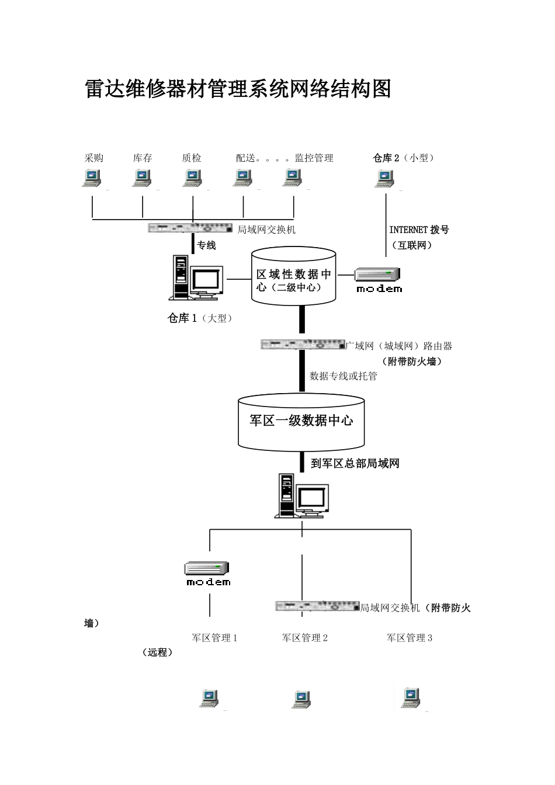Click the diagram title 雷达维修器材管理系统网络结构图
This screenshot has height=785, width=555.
(x=238, y=89)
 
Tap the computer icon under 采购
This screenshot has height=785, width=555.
(x=91, y=178)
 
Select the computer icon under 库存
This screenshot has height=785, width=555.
(x=142, y=178)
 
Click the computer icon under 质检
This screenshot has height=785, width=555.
(x=192, y=178)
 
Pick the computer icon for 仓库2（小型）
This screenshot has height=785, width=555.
(x=384, y=178)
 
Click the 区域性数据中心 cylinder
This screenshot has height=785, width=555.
(x=294, y=276)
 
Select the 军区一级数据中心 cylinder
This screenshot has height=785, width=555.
(x=301, y=421)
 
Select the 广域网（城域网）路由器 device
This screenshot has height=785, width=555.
(x=302, y=345)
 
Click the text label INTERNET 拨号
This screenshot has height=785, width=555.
(x=419, y=230)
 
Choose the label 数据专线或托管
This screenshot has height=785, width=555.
(x=344, y=376)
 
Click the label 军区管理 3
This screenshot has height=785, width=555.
(x=409, y=638)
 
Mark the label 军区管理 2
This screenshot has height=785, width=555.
(x=305, y=638)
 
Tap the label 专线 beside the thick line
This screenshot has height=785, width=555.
(x=206, y=245)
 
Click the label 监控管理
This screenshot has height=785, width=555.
(x=314, y=158)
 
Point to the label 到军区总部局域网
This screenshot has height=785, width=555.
(x=355, y=464)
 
